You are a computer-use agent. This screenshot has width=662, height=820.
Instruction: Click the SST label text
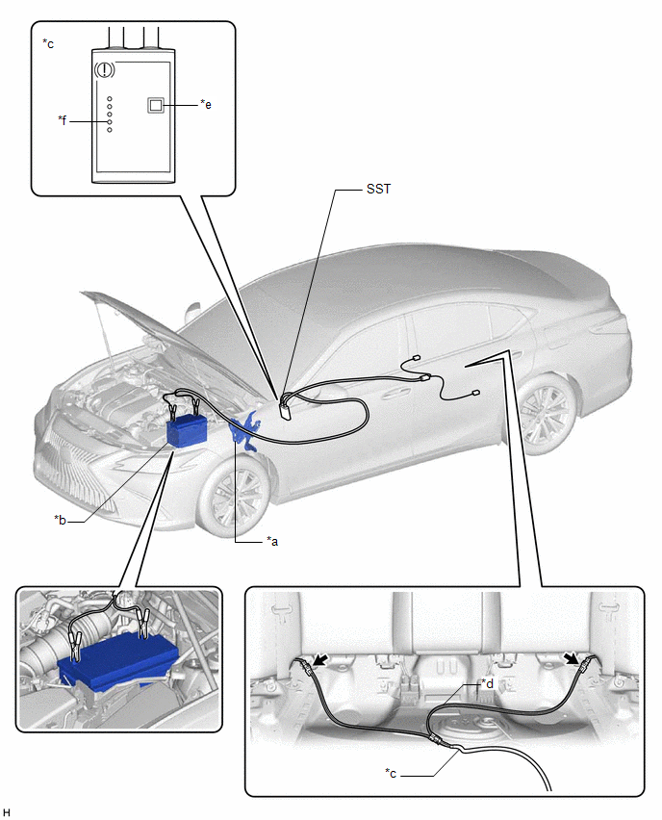pos(378,189)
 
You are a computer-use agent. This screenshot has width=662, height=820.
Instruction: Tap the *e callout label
pos(206,104)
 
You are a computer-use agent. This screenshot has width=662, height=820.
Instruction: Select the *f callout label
pos(63,120)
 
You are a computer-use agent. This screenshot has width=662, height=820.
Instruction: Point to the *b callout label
pos(60,520)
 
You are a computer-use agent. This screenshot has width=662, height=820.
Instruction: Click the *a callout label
pos(272,541)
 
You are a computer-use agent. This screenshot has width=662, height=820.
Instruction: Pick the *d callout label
pos(487,683)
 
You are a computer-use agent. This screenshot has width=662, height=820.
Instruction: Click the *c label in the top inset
pos(48,43)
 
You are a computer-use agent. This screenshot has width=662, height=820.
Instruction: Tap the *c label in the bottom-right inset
pos(391,773)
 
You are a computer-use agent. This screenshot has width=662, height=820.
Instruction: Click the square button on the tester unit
pos(156,105)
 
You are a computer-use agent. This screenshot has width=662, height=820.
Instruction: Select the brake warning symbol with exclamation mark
pos(105,69)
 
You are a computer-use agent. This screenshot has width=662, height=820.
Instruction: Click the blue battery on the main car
pos(187,429)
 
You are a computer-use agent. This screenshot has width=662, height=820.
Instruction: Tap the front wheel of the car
pos(235,496)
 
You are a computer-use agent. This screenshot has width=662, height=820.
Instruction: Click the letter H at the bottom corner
pos(6,811)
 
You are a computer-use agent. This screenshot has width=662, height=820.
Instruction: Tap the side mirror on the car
pos(192,312)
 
